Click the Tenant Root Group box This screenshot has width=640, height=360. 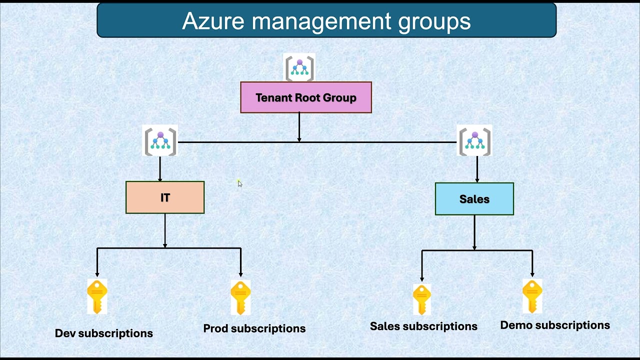click(x=306, y=97)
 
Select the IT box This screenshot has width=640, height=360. click(x=165, y=197)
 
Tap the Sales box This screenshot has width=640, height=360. click(x=474, y=199)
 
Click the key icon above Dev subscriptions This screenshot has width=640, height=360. click(x=97, y=296)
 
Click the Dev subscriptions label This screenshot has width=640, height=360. click(x=104, y=333)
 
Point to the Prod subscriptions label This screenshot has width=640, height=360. click(x=254, y=328)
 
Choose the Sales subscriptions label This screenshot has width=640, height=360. click(x=423, y=326)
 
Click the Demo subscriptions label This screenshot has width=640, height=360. click(x=555, y=325)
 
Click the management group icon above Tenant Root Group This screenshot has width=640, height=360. click(x=299, y=68)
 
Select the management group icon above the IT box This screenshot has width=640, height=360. click(x=160, y=141)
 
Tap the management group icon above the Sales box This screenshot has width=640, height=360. click(x=474, y=141)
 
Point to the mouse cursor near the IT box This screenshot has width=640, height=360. click(x=239, y=183)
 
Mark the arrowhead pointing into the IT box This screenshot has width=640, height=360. click(x=160, y=178)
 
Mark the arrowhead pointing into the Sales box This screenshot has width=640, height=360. click(x=477, y=180)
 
